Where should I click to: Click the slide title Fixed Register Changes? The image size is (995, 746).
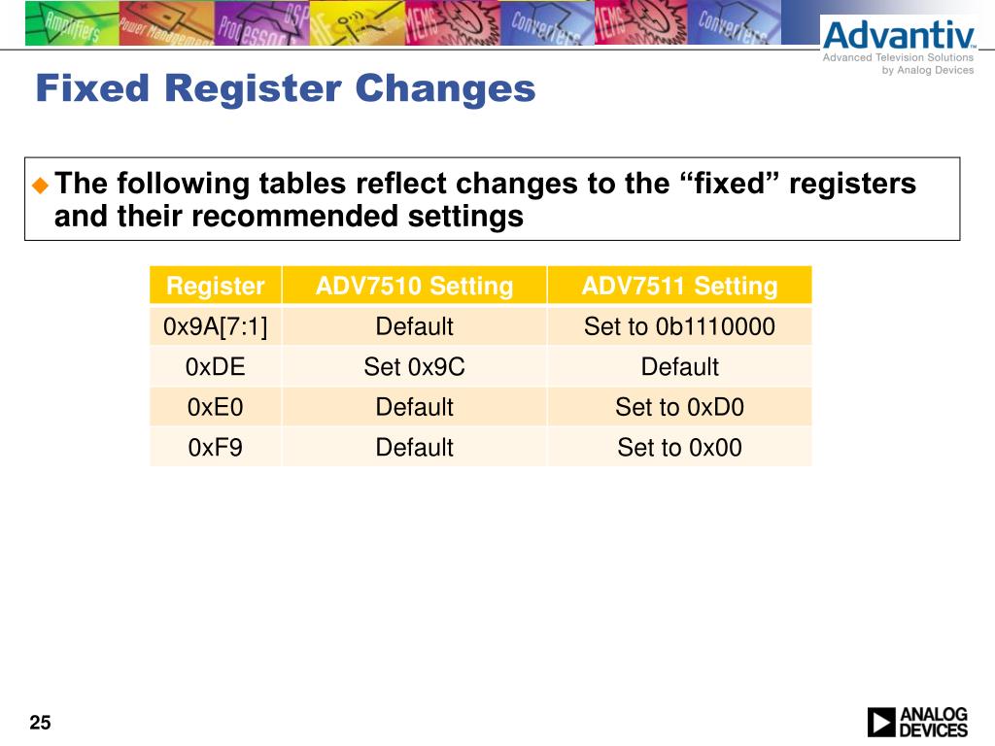285,88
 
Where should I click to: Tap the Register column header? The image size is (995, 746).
215,287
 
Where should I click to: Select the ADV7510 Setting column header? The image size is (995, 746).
414,287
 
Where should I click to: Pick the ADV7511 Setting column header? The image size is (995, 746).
679,287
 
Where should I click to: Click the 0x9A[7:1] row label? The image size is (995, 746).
215,327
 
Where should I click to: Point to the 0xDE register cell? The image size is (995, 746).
215,367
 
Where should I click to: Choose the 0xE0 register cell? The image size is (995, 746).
215,407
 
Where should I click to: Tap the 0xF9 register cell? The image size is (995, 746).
215,448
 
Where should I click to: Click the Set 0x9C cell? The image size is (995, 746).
414,367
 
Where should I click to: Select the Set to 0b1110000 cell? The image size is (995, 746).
679,327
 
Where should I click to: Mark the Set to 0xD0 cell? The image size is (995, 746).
679,407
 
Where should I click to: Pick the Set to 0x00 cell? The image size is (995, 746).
679,448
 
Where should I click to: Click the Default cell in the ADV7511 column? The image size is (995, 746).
679,367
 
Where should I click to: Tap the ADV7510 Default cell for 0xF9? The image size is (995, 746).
414,448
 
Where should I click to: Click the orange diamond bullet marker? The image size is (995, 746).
40,184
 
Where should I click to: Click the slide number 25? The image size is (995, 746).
40,723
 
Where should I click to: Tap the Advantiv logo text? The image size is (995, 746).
898,37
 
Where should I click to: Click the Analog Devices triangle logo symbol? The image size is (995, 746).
881,722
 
